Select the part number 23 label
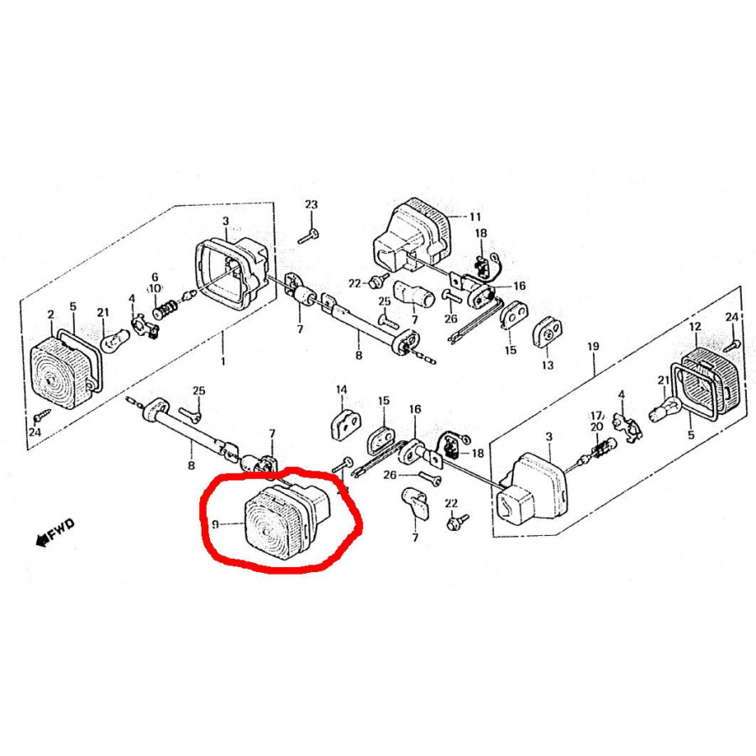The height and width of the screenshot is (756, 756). (312, 204)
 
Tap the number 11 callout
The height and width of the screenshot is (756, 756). (475, 217)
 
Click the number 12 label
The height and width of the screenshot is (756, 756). (695, 327)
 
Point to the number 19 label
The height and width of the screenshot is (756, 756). (593, 346)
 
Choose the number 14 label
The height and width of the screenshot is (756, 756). (341, 390)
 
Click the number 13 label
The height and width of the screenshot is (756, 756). (547, 365)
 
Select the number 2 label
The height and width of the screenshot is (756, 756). (51, 315)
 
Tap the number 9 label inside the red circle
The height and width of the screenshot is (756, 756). (216, 523)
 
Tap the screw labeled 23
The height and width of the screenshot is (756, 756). (307, 237)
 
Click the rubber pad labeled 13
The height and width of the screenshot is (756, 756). (548, 332)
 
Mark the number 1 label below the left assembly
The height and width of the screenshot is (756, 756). (223, 361)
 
